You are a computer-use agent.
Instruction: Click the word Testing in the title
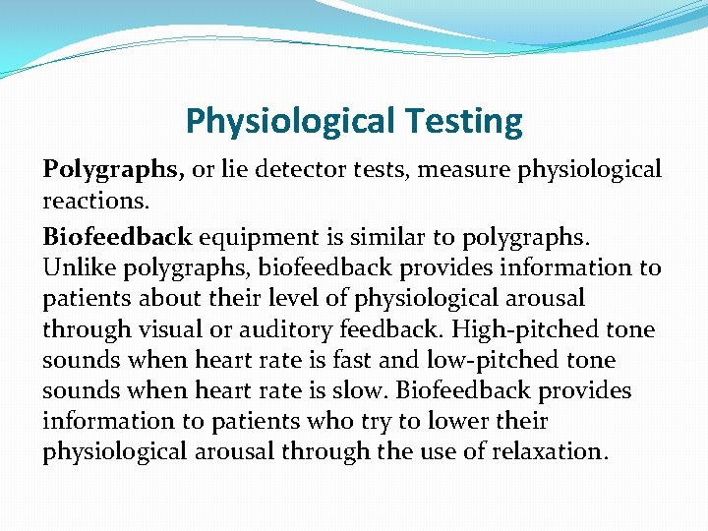463,122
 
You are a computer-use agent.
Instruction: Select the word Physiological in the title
287,122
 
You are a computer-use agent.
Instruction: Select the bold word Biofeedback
117,237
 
